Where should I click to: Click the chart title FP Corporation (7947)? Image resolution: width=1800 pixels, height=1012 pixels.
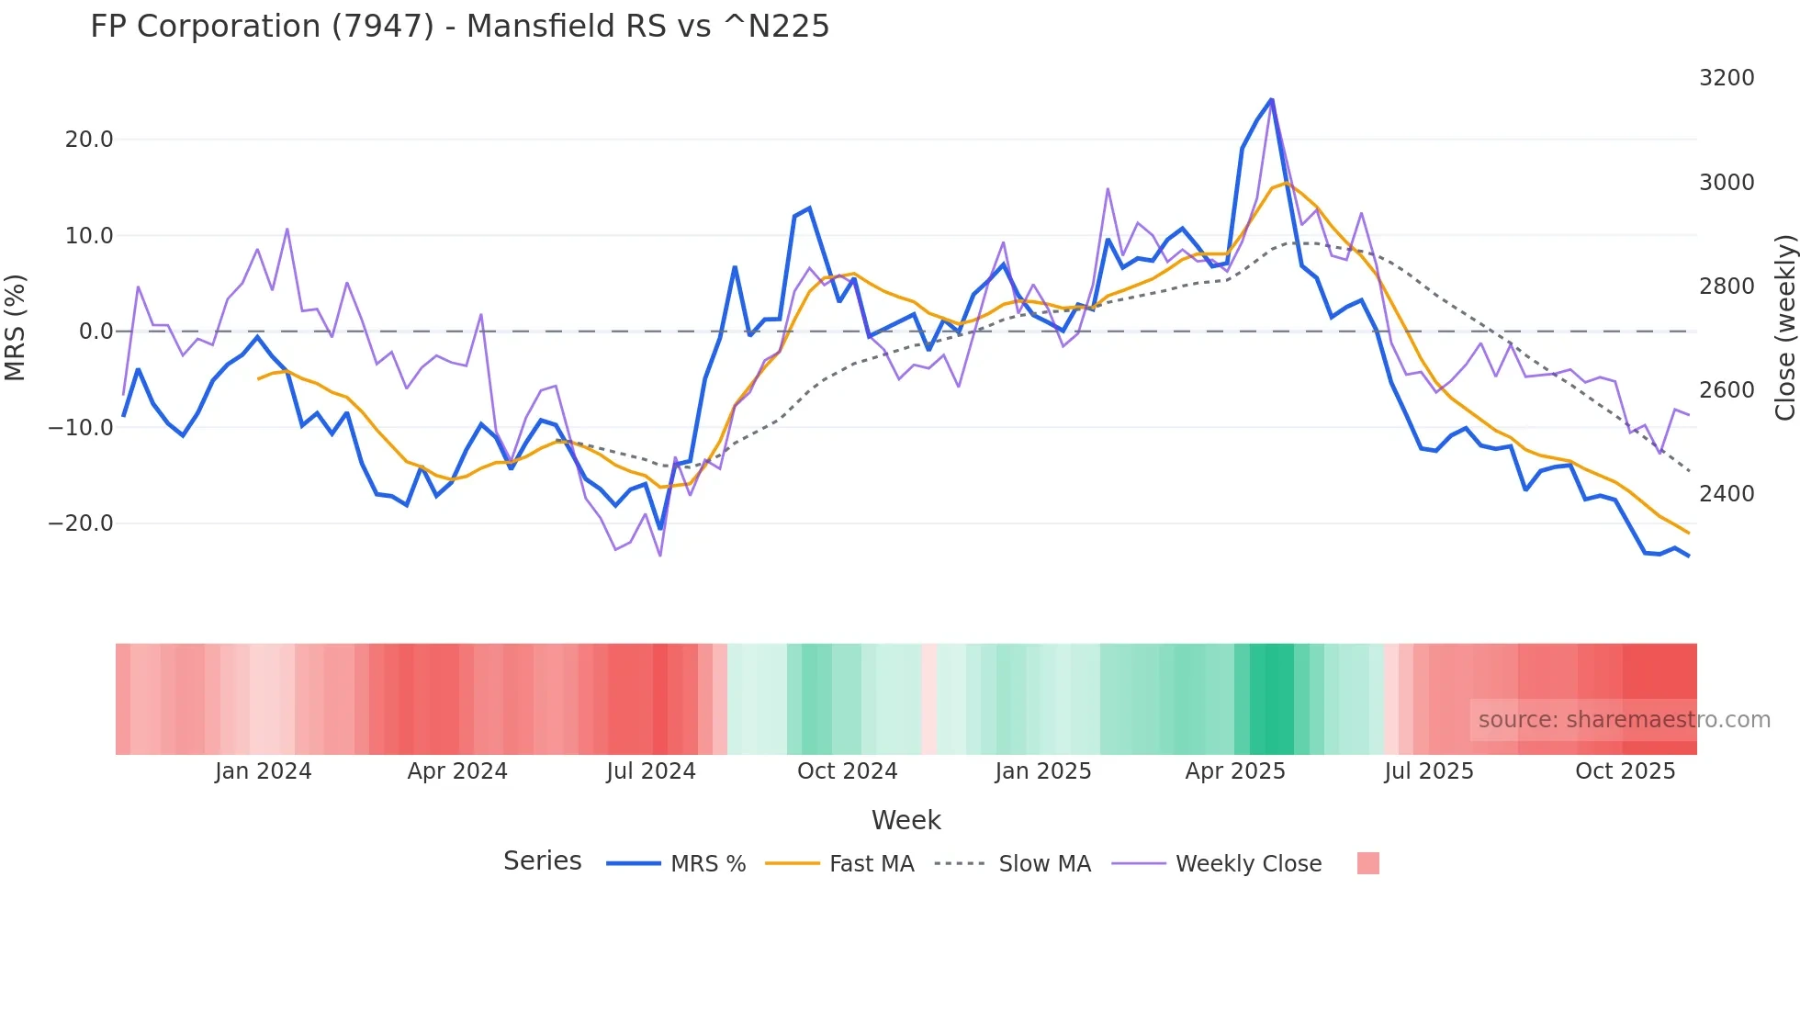[x=459, y=26]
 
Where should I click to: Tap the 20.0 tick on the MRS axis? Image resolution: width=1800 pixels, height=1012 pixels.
[x=89, y=140]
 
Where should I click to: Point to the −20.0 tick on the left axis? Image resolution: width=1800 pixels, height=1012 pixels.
[x=81, y=523]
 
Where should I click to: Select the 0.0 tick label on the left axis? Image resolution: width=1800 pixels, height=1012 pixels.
[x=96, y=332]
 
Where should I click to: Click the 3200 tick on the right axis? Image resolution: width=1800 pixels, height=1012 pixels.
[x=1727, y=78]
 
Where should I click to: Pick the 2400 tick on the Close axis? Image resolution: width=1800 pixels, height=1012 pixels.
[x=1727, y=494]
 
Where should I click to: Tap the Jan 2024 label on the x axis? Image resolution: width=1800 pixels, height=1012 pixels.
[x=264, y=771]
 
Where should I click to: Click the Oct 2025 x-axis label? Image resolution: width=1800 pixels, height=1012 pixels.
[x=1625, y=771]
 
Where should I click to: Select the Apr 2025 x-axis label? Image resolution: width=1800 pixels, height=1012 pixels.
[x=1235, y=771]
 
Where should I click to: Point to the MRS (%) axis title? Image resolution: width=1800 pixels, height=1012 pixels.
[x=16, y=327]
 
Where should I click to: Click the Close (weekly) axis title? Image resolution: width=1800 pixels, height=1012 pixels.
[x=1784, y=327]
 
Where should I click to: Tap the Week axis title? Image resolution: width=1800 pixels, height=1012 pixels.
[x=906, y=820]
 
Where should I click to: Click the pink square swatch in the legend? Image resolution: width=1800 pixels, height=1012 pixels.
[x=1367, y=863]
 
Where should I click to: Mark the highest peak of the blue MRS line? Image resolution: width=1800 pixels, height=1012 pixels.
[x=1271, y=99]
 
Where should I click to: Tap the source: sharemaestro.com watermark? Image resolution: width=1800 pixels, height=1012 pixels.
[x=1624, y=720]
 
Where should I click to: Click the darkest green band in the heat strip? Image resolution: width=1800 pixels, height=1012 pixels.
[x=1272, y=699]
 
